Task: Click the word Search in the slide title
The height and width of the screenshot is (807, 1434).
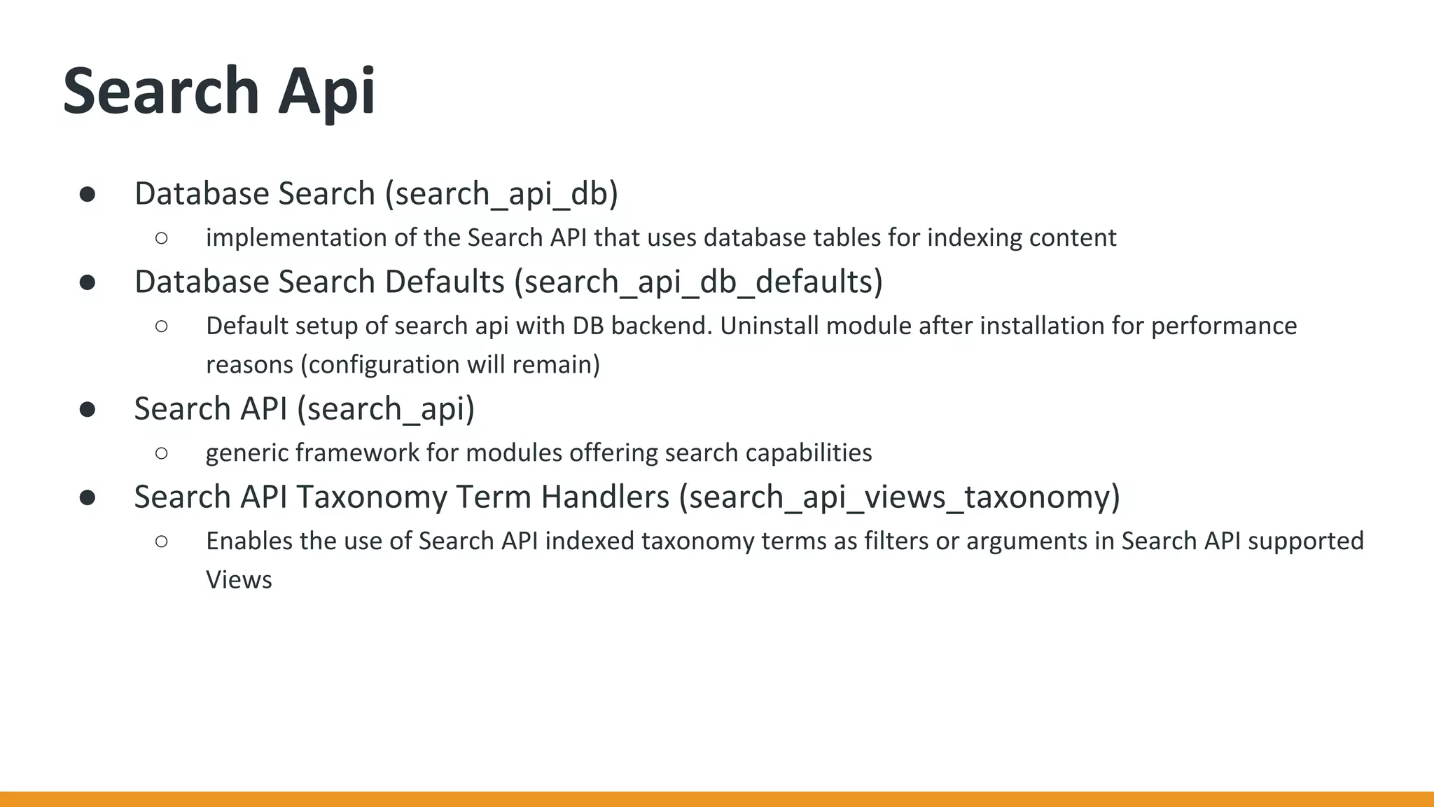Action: tap(161, 91)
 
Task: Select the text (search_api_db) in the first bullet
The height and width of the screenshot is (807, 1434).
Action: tap(501, 194)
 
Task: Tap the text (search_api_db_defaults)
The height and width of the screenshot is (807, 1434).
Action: tap(698, 282)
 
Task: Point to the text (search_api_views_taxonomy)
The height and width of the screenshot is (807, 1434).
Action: tap(899, 497)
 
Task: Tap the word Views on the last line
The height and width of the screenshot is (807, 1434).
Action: tap(239, 580)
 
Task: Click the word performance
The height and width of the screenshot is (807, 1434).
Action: tap(1224, 326)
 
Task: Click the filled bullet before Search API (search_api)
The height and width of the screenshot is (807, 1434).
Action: tap(88, 410)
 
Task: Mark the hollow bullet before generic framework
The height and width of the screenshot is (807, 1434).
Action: tap(162, 453)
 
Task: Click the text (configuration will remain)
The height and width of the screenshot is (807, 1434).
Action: tap(450, 365)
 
